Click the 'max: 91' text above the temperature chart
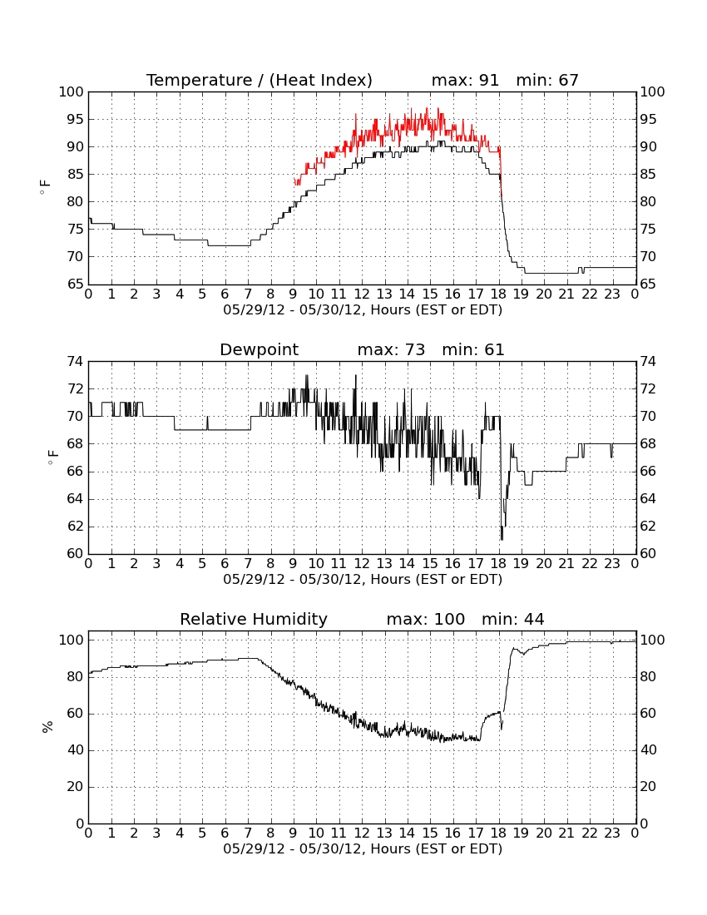465,80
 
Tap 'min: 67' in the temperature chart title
547,80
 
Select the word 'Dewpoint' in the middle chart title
259,349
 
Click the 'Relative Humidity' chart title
254,619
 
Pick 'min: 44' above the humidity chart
512,619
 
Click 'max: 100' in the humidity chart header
426,619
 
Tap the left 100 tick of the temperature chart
72,92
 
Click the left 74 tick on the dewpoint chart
75,362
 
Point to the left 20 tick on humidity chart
75,787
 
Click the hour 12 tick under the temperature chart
362,294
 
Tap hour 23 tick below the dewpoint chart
612,564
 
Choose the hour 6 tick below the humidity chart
225,833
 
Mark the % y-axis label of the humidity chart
48,726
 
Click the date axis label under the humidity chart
363,848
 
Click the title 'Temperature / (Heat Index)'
259,80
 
